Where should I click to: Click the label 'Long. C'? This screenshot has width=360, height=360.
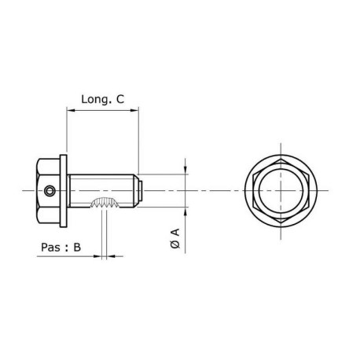103,99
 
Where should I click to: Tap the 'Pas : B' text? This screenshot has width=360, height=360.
61,247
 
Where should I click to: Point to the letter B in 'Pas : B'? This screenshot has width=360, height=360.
77,247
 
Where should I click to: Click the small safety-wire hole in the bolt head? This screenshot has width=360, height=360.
50,189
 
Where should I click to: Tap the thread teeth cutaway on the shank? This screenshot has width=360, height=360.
105,204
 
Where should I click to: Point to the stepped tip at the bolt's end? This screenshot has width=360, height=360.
140,190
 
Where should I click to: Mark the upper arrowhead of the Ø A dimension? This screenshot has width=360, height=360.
186,168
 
